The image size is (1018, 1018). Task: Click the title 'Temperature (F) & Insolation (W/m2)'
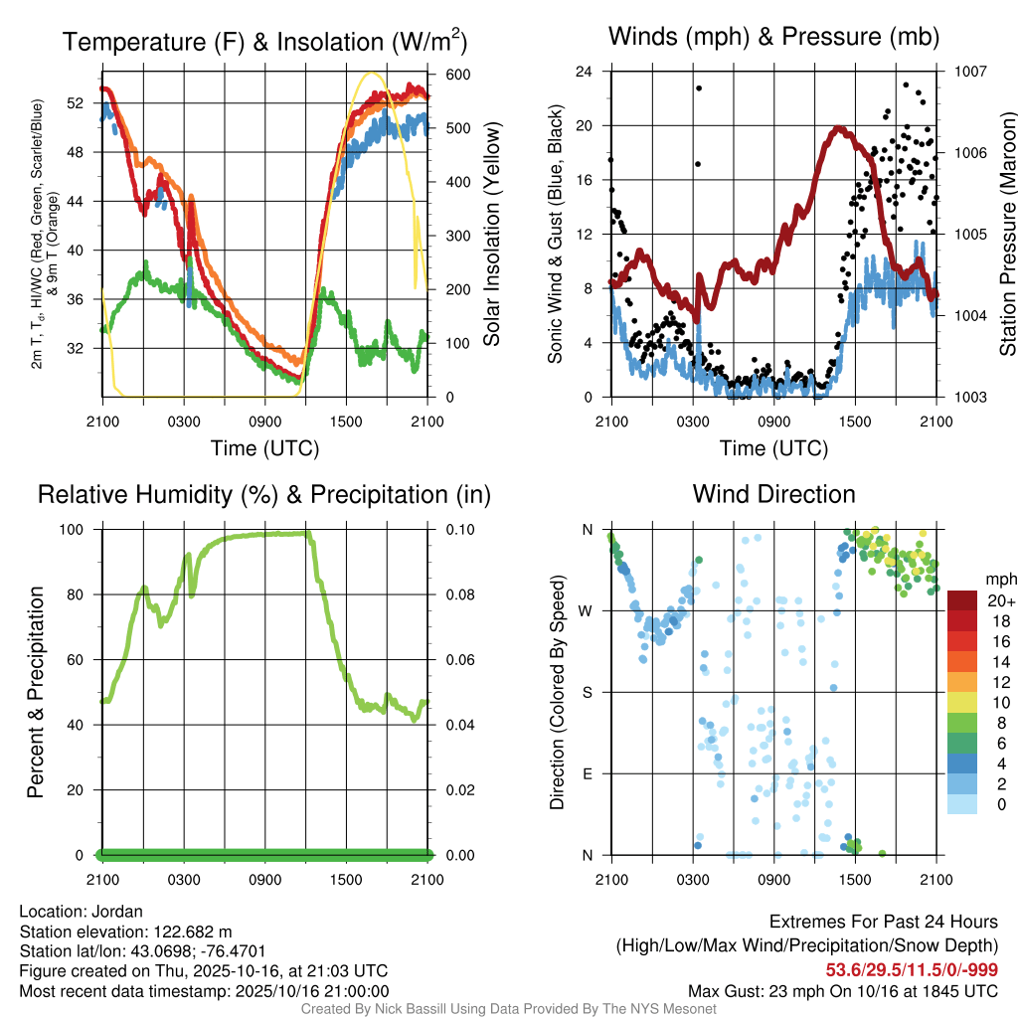point(264,42)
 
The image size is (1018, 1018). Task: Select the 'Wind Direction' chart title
point(773,494)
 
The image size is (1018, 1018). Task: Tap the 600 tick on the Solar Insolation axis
point(458,75)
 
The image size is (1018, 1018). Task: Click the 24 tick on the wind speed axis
point(586,72)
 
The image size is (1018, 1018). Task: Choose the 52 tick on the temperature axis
point(84,102)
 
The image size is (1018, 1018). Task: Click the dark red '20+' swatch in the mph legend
point(963,600)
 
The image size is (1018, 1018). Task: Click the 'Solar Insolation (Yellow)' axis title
point(491,234)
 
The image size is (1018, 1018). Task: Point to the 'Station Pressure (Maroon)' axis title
point(1007,234)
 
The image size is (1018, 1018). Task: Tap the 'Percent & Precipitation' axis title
point(36,692)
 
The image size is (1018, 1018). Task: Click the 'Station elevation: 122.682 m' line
point(125,932)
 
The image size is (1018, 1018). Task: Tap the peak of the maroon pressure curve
point(839,128)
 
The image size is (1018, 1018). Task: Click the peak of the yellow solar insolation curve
point(372,73)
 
